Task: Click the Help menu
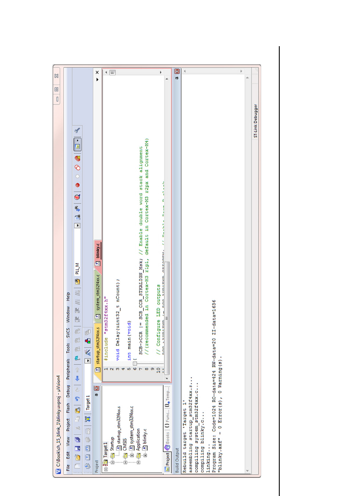click(68, 297)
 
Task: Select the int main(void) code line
click(129, 346)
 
